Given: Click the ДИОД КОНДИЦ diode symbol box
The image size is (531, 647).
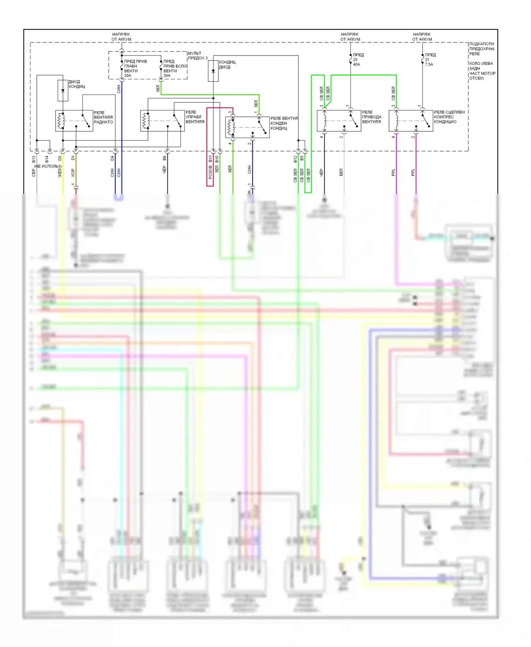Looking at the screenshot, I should click(63, 90).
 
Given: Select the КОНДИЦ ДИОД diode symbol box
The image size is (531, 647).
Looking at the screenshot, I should click(213, 71).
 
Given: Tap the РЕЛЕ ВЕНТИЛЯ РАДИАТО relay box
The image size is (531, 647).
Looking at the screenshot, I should click(74, 121).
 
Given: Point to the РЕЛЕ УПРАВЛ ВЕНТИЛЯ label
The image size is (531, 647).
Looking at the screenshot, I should click(195, 117).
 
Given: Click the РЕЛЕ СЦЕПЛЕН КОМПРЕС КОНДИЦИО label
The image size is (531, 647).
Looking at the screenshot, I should click(449, 117).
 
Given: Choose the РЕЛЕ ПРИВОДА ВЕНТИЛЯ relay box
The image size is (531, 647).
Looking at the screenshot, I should click(339, 121).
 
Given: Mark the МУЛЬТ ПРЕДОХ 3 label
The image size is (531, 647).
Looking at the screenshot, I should click(198, 56).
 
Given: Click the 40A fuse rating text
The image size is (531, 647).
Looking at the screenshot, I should click(356, 64).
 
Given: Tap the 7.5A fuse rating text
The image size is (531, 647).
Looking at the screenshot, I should click(429, 64).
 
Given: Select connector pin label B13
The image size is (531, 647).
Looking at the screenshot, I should click(34, 159).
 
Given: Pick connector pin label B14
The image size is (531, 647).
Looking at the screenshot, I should click(47, 159).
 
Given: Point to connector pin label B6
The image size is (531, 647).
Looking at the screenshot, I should click(165, 158).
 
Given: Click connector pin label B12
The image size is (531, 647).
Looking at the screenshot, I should click(295, 159).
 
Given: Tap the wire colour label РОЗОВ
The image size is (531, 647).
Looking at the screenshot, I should click(210, 172).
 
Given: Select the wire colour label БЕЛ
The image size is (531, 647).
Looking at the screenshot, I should click(341, 172).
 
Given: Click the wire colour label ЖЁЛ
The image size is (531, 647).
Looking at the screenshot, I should click(60, 173).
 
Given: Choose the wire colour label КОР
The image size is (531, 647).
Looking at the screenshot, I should click(73, 173).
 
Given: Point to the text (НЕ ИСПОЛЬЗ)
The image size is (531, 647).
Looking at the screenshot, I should click(48, 166).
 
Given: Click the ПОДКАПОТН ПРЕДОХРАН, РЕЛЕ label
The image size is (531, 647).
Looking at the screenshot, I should click(482, 49).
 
